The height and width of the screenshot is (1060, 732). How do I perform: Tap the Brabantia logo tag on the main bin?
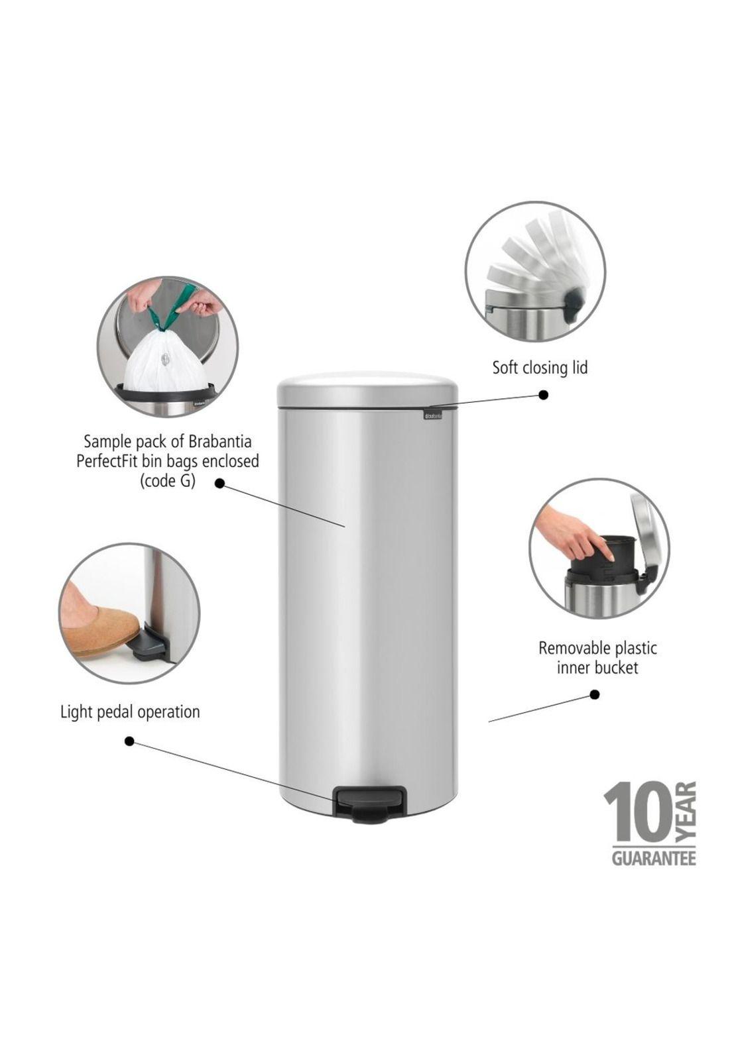[432, 415]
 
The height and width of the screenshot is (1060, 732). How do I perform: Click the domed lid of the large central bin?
[367, 390]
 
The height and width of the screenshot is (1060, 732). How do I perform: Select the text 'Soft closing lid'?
[539, 368]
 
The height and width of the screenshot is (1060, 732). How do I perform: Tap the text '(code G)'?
[168, 481]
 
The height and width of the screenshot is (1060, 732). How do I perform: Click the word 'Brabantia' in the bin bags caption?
[219, 442]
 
